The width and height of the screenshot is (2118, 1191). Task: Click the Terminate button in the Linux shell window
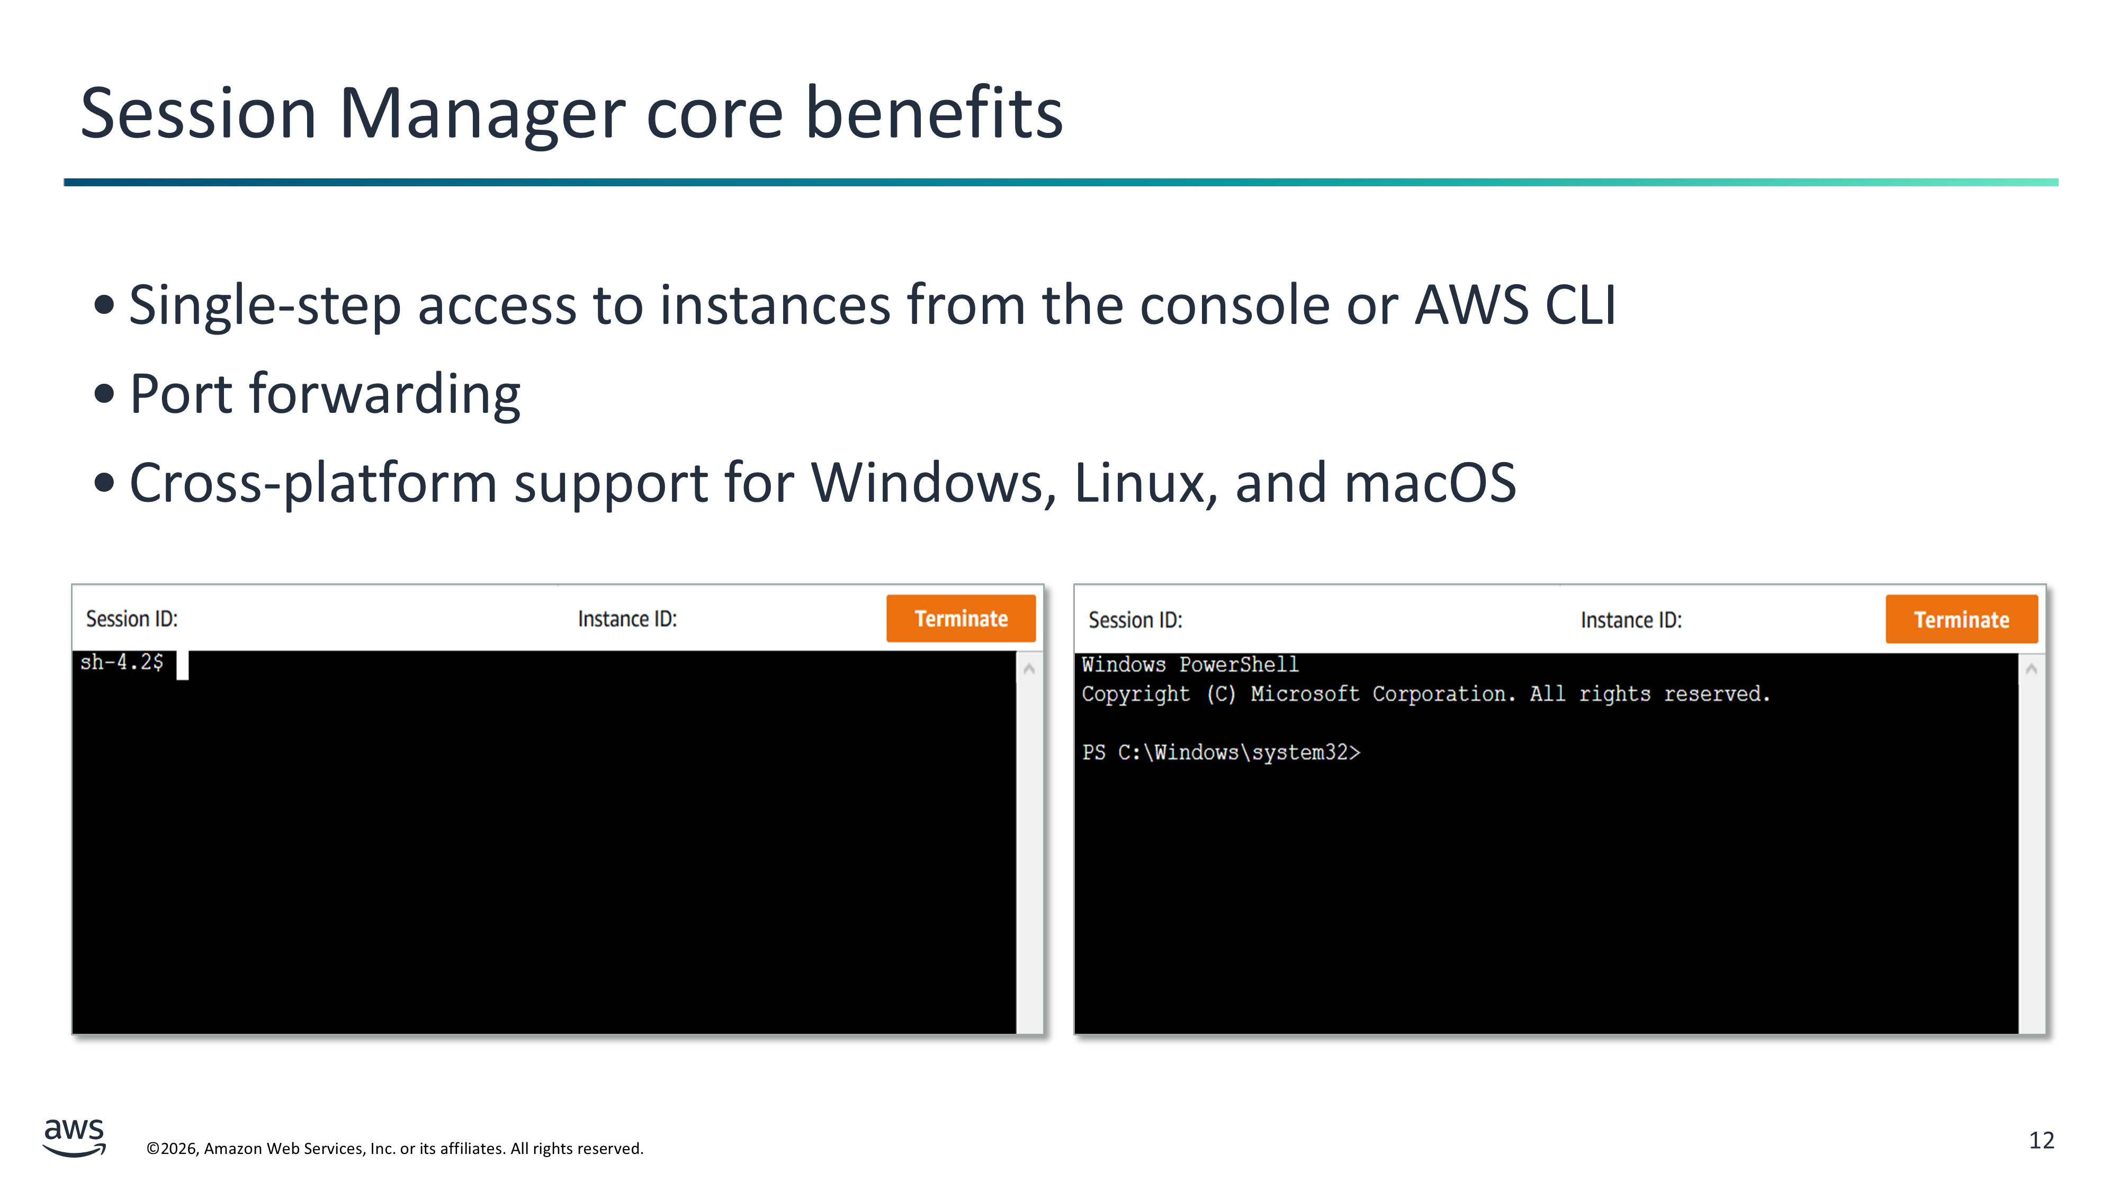coord(961,618)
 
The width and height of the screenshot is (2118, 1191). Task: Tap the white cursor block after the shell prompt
coord(183,665)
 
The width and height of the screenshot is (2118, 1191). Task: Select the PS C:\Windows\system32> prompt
coord(1221,752)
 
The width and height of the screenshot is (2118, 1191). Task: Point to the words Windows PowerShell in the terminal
coord(1190,664)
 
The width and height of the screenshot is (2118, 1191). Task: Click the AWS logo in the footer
coord(74,1138)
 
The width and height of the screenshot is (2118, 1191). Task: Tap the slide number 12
coord(2042,1140)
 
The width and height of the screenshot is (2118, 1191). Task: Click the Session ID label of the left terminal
coord(131,619)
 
